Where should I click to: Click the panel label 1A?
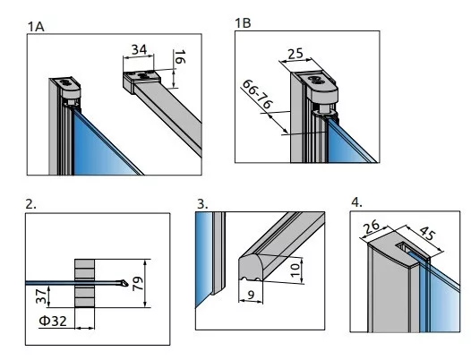[36, 27]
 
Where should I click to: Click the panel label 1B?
[243, 23]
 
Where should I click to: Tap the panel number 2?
[31, 204]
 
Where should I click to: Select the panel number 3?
[202, 204]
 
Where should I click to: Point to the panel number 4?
[356, 202]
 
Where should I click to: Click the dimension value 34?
[140, 49]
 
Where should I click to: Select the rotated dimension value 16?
[180, 57]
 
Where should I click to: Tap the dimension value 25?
[295, 54]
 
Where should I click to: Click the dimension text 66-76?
[257, 94]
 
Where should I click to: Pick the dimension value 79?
[138, 284]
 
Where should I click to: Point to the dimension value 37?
[41, 296]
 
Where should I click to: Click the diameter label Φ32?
[53, 321]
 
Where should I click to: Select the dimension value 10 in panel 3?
[295, 270]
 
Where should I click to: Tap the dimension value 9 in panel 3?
[251, 296]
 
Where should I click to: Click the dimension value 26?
[372, 227]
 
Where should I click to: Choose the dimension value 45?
[427, 234]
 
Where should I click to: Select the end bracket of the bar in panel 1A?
[141, 81]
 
